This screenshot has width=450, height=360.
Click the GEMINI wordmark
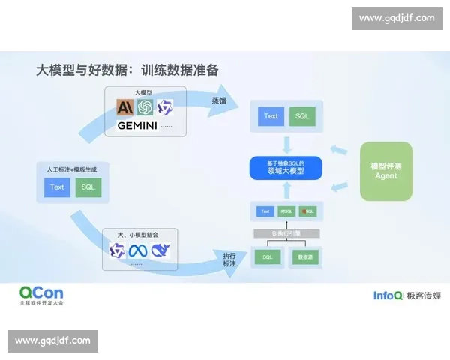tap(137, 126)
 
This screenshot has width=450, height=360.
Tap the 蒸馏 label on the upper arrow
tap(219, 99)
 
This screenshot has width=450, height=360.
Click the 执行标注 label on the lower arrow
tap(229, 259)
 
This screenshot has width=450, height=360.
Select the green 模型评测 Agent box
tap(385, 171)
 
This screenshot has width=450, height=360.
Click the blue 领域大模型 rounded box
tap(285, 168)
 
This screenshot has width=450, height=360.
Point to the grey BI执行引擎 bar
tap(285, 233)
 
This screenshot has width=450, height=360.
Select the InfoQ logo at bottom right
tap(388, 295)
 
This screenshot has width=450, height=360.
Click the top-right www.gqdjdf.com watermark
tap(396, 18)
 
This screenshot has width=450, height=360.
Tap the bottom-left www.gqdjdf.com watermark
tap(53, 340)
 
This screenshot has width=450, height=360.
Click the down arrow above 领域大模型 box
tap(286, 144)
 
